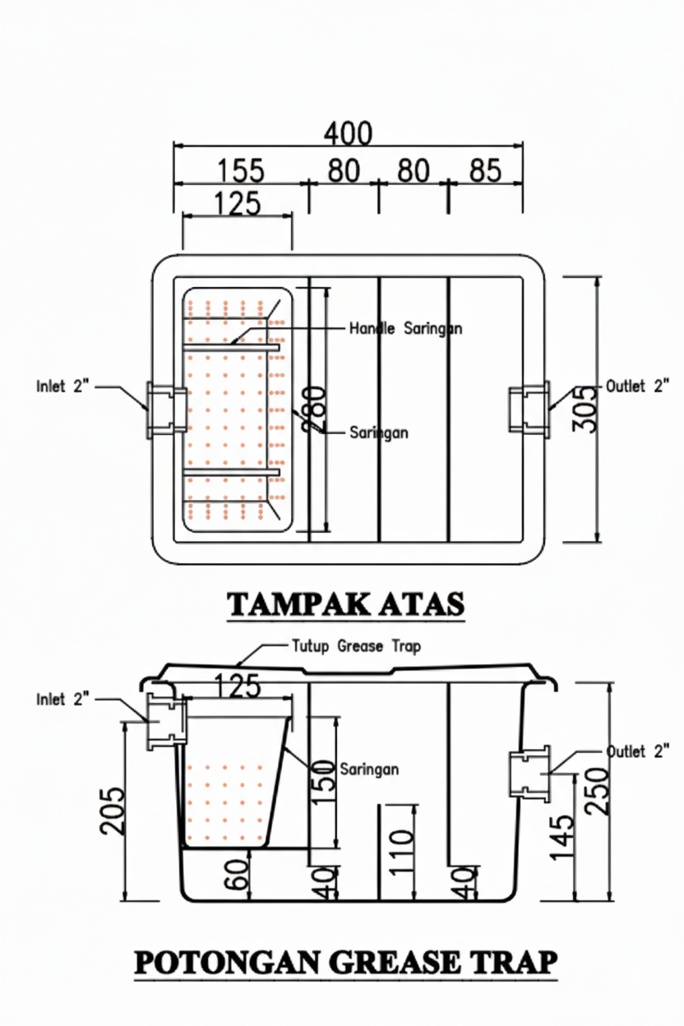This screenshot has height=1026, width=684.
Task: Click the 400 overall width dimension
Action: (x=348, y=133)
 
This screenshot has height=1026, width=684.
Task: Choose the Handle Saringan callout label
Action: (x=405, y=329)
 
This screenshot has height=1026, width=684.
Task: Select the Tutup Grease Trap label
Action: (x=356, y=646)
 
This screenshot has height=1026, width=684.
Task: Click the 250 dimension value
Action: (x=597, y=789)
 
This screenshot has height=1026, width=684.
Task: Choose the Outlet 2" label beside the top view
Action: (x=637, y=386)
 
